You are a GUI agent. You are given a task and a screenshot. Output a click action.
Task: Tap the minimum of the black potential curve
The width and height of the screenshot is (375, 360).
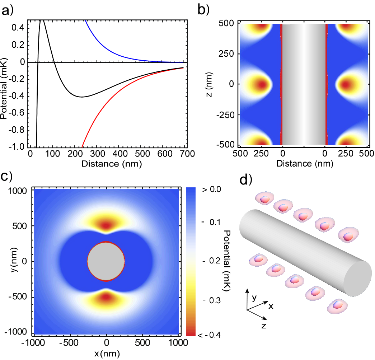click(82, 97)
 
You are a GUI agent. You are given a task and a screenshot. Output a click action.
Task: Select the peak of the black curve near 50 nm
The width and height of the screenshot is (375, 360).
click(42, 21)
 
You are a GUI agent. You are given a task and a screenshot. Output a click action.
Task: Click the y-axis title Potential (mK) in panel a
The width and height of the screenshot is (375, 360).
click(5, 84)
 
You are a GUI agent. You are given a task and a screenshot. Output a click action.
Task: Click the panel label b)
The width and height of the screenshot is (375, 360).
click(204, 10)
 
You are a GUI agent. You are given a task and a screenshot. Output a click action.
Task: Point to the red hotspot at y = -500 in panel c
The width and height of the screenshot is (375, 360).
click(106, 297)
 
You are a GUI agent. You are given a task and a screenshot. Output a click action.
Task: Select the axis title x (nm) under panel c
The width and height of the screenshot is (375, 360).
click(107, 353)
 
